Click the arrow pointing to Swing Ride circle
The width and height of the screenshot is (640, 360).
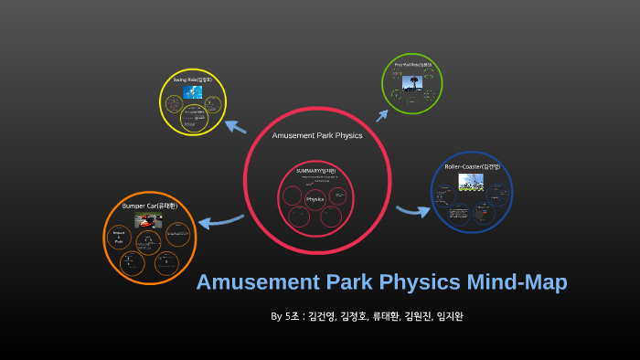235,127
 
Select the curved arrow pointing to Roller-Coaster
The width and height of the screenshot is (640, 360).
412,211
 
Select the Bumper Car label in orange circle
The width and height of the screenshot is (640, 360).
155,206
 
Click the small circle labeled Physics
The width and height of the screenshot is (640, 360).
315,198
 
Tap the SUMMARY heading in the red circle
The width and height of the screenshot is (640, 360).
315,171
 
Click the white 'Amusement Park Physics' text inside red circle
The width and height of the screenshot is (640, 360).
317,135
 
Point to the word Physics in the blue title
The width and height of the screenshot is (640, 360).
411,282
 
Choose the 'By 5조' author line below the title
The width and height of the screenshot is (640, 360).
373,316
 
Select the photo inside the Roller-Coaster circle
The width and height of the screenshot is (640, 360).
471,182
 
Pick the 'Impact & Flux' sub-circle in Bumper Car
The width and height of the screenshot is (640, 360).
120,238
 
